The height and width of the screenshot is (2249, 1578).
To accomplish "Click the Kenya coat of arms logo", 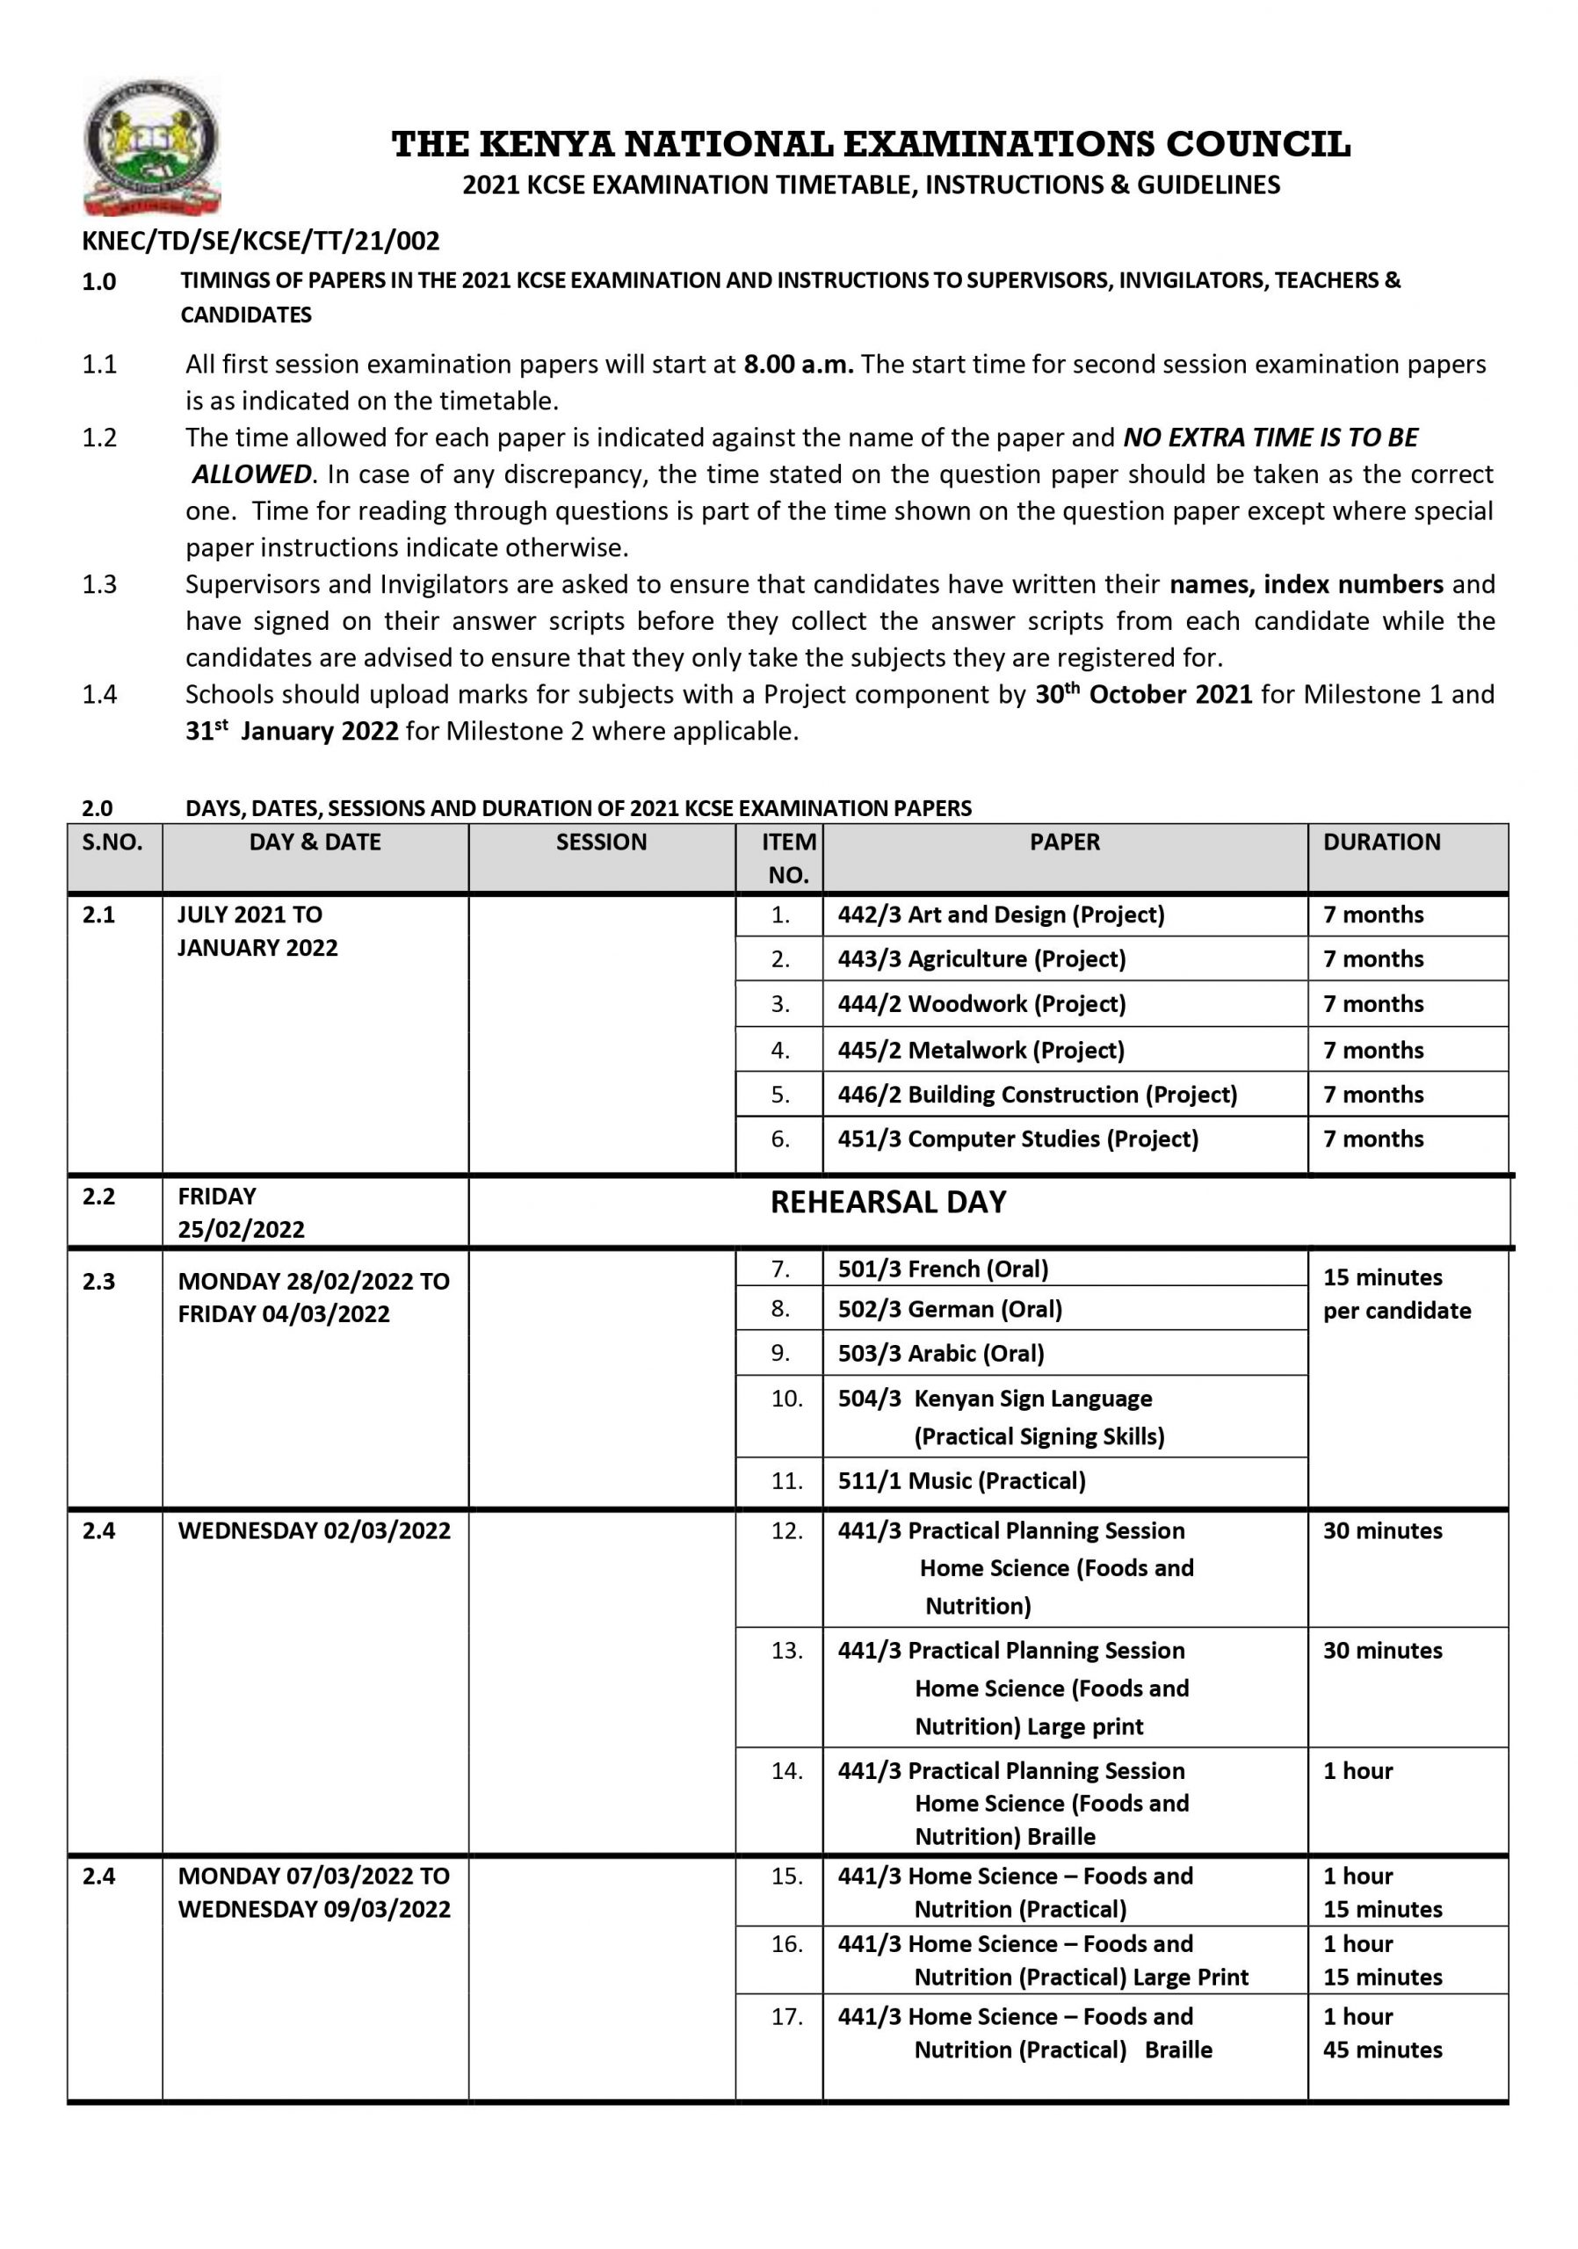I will pos(152,147).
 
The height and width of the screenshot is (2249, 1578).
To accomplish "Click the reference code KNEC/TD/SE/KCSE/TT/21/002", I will pos(261,241).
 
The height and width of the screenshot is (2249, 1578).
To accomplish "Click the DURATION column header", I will pos(1381,842).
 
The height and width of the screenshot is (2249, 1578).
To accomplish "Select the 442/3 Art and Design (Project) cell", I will pos(1000,915).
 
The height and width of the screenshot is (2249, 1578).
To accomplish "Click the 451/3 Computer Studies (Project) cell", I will pos(1017,1139).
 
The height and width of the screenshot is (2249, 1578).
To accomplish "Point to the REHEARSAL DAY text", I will pos(887,1203).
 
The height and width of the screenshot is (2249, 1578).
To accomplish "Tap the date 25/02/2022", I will pos(241,1229).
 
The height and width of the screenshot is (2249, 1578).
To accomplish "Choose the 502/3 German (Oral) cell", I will pos(949,1310).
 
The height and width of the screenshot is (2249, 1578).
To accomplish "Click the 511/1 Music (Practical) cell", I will pos(961,1481).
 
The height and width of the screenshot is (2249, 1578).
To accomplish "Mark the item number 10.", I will pos(786,1399).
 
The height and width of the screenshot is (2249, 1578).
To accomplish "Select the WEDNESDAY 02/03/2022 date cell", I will pos(314,1531).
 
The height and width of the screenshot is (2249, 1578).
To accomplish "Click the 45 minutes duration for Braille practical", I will pos(1382,2050).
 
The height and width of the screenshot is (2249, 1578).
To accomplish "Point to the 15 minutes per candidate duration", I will pos(1396,1294).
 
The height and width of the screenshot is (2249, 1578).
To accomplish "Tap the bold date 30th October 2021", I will pos(1143,695).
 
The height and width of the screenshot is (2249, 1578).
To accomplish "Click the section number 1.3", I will pos(99,585).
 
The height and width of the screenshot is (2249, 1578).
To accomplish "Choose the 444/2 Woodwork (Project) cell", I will pos(981,1004).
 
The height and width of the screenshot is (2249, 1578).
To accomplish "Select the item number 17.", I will pos(786,2017).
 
